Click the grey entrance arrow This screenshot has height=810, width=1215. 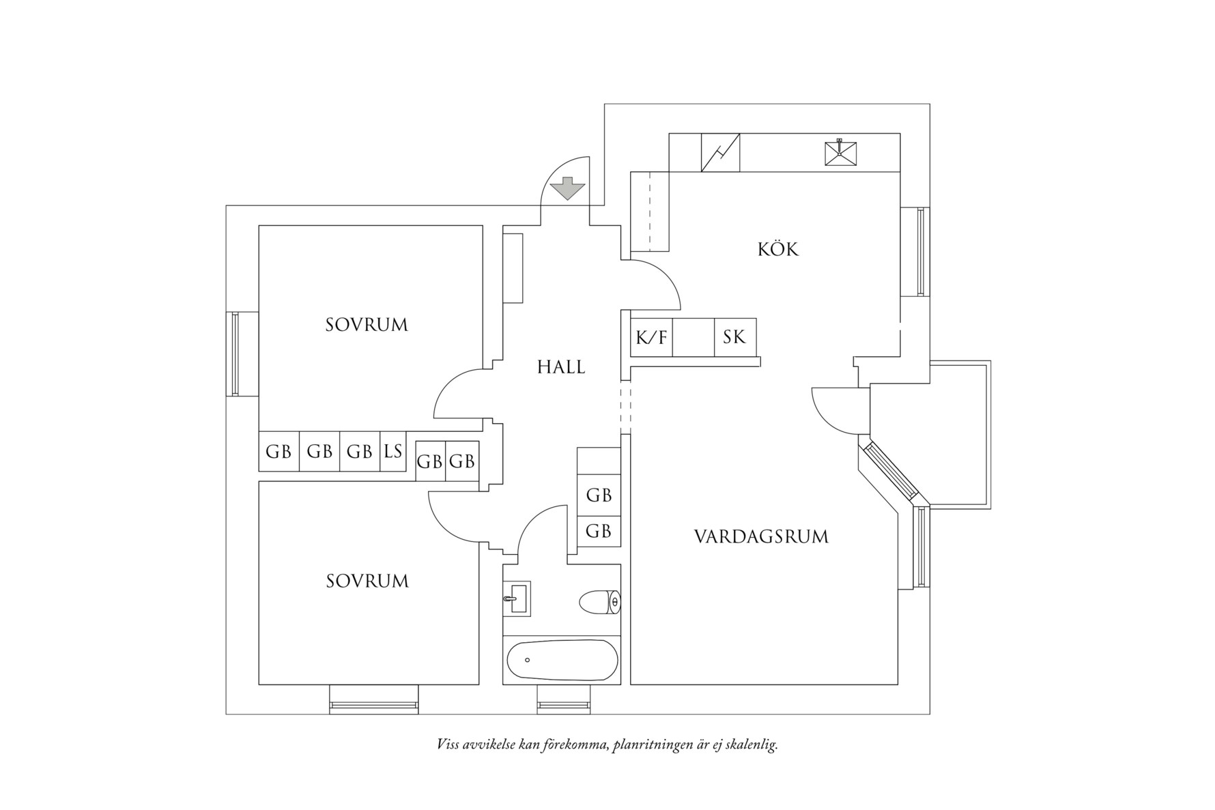click(567, 188)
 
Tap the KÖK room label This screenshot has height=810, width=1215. click(777, 249)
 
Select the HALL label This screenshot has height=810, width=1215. click(561, 367)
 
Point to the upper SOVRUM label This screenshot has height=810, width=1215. click(367, 325)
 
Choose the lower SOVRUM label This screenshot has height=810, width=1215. click(367, 581)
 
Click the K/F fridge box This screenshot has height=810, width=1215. click(651, 337)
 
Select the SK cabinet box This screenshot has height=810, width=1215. click(734, 337)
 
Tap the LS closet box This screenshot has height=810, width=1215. click(393, 451)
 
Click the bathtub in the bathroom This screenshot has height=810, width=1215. click(562, 660)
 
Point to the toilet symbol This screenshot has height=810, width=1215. click(600, 602)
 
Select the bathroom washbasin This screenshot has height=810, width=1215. click(517, 598)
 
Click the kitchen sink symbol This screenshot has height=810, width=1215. click(840, 152)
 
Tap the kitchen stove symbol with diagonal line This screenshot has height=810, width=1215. click(721, 152)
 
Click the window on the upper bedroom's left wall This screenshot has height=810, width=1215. click(235, 353)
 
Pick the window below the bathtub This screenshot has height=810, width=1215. click(563, 699)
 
